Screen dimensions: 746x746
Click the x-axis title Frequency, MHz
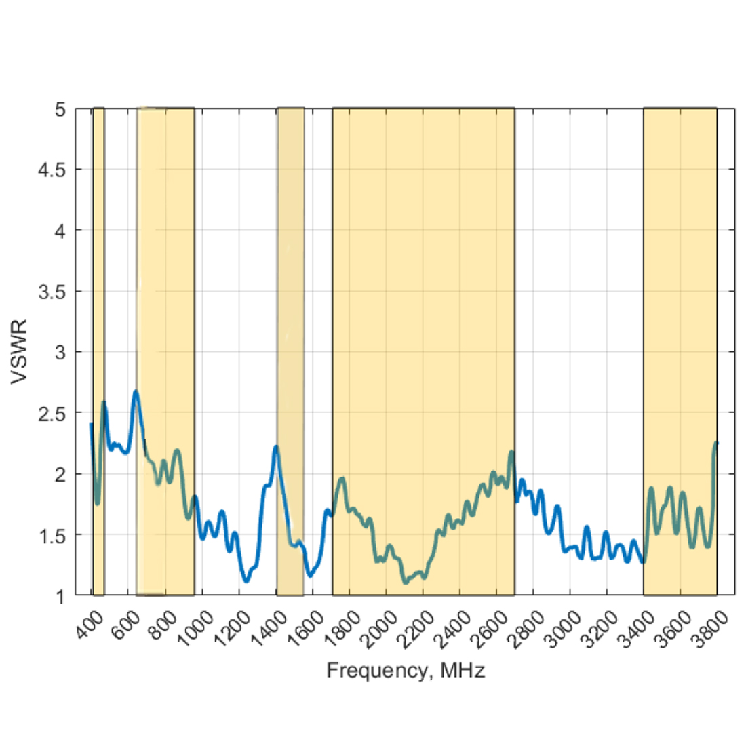[x=406, y=671]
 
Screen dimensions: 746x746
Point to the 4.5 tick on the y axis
[x=52, y=170]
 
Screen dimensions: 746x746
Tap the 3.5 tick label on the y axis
[x=52, y=292]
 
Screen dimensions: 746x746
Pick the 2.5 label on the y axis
[x=52, y=413]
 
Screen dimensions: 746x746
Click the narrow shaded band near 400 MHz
[x=98, y=271]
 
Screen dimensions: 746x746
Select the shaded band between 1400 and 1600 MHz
[x=290, y=271]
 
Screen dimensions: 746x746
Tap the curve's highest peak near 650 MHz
[x=136, y=392]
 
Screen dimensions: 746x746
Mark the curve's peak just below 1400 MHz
[x=276, y=447]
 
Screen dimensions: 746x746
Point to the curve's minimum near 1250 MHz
[x=246, y=580]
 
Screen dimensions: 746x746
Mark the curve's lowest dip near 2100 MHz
[x=406, y=581]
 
